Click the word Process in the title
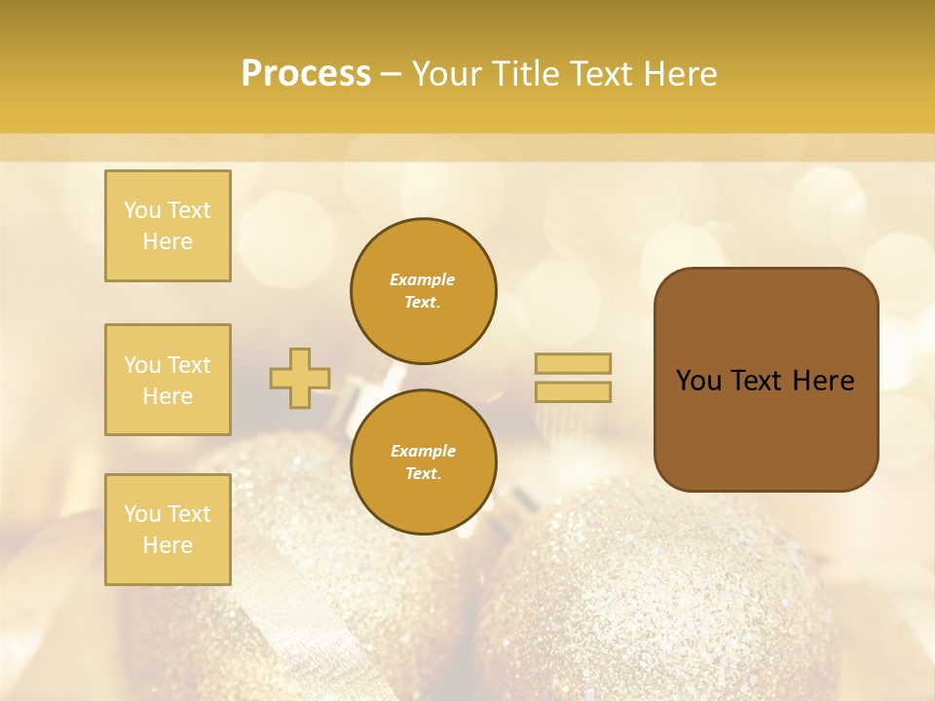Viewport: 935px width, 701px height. [306, 74]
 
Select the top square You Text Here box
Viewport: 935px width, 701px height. [168, 226]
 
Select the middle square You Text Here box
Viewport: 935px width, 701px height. [168, 380]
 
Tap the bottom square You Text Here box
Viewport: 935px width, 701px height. [168, 530]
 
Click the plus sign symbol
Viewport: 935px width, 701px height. [300, 378]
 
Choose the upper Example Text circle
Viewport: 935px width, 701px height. [423, 291]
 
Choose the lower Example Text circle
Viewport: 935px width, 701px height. [423, 462]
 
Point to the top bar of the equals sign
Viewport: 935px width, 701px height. [573, 363]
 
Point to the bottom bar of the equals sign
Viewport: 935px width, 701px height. [573, 391]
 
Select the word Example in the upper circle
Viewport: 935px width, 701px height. [423, 280]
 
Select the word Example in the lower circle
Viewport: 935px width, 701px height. [423, 452]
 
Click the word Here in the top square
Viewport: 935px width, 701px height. [168, 241]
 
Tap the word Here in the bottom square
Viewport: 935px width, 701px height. [168, 545]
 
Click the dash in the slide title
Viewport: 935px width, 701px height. [392, 74]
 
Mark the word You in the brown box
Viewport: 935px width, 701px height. [698, 381]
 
